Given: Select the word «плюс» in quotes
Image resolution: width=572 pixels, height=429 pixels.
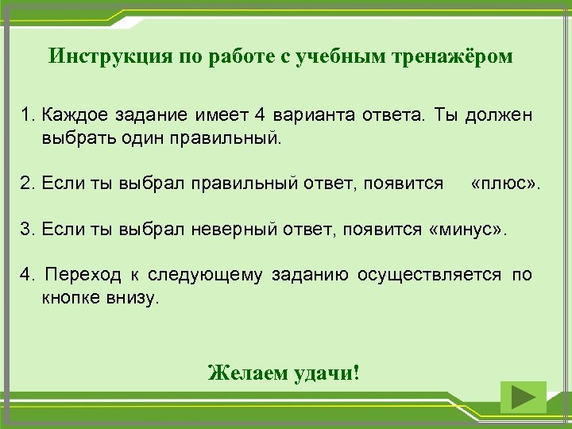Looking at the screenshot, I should pyautogui.click(x=504, y=184).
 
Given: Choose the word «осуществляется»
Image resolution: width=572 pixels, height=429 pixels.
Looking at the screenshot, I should pyautogui.click(x=429, y=275).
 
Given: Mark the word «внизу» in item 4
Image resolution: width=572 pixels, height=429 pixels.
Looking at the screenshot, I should pyautogui.click(x=136, y=297).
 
